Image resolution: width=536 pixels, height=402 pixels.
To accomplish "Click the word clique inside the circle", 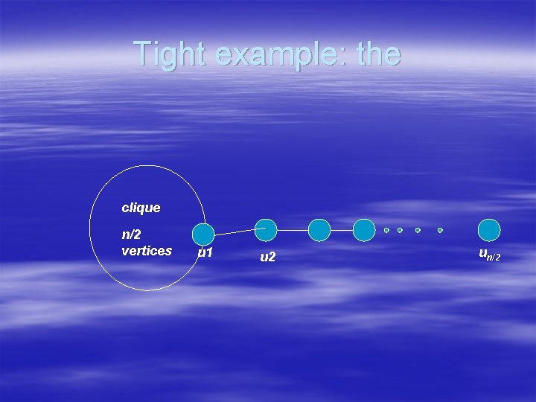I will [141, 208].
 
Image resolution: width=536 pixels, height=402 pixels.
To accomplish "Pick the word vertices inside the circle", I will [147, 251].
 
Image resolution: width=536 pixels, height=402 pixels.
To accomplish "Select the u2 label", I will [268, 258].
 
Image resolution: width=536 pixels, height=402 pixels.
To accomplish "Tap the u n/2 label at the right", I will [489, 255].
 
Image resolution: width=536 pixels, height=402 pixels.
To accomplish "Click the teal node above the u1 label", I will [203, 234].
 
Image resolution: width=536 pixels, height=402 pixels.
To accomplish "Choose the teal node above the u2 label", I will [266, 230].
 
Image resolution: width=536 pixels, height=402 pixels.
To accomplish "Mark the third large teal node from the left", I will [319, 230].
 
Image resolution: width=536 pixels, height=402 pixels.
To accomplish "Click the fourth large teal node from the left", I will [364, 230].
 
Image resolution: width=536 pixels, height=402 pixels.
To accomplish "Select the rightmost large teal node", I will [489, 230].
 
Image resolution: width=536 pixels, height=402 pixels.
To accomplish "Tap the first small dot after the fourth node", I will [386, 230].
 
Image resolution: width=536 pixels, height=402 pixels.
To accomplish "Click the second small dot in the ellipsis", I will [400, 230].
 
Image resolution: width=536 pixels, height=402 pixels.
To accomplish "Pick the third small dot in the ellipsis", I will [418, 230].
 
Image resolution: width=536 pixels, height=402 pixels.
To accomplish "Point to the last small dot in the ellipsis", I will [440, 230].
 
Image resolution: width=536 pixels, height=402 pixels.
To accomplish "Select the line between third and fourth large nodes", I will [341, 230].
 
